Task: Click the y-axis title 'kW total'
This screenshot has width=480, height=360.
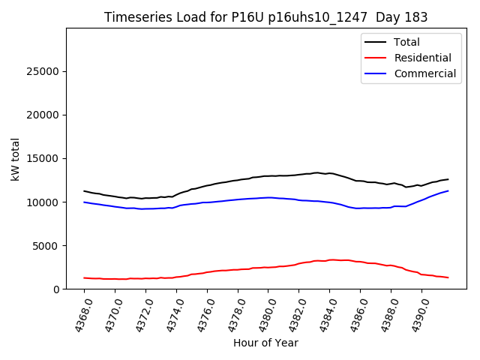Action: pyautogui.click(x=15, y=159)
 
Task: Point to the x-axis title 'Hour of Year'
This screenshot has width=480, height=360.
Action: pyautogui.click(x=265, y=343)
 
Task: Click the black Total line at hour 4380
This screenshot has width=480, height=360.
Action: pyautogui.click(x=268, y=175)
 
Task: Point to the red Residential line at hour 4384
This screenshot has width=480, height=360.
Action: pyautogui.click(x=329, y=259)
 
